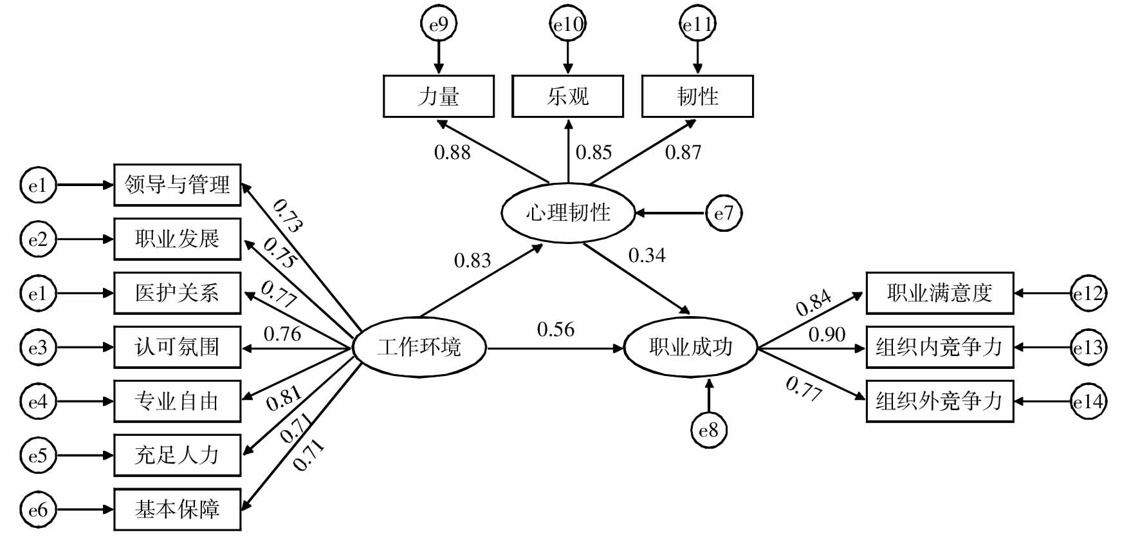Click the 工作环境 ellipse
click(419, 348)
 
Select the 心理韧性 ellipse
click(568, 213)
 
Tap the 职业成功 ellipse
click(691, 348)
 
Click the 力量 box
click(439, 97)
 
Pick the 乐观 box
click(568, 97)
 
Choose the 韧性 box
click(697, 97)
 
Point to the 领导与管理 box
click(178, 185)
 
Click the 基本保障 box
click(178, 509)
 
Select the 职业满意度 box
click(939, 294)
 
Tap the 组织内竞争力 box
click(939, 348)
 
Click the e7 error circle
click(724, 213)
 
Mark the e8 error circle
click(708, 430)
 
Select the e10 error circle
click(568, 25)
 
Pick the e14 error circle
click(1088, 402)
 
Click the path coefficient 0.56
click(556, 330)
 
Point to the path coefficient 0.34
click(647, 256)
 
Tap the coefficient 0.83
click(472, 261)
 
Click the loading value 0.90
click(827, 335)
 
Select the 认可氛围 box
click(178, 348)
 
